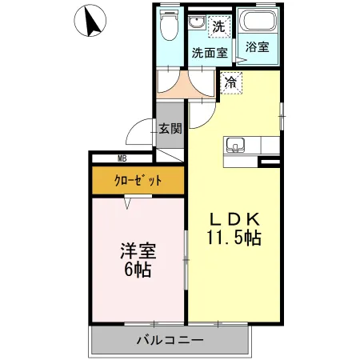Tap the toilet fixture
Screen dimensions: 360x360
pyautogui.click(x=168, y=29)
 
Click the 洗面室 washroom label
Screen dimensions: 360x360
pyautogui.click(x=209, y=53)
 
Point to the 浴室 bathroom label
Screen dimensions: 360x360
pyautogui.click(x=257, y=47)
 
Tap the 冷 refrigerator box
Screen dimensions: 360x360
pyautogui.click(x=230, y=82)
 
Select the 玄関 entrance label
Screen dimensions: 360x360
pyautogui.click(x=169, y=127)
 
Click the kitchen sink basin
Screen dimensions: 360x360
pyautogui.click(x=235, y=145)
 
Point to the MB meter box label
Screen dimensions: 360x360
pyautogui.click(x=122, y=158)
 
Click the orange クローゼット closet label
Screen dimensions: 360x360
pyautogui.click(x=136, y=181)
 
